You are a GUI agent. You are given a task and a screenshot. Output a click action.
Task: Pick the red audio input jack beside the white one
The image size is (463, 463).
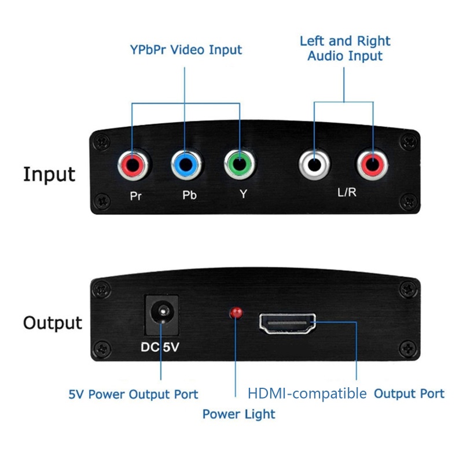372,167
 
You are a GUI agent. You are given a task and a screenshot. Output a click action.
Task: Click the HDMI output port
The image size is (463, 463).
288,324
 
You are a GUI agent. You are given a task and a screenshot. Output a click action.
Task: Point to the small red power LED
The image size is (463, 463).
236,313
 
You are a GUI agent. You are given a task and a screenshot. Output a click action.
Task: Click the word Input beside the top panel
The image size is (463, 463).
49,174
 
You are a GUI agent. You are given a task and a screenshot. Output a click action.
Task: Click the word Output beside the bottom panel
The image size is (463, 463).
53,322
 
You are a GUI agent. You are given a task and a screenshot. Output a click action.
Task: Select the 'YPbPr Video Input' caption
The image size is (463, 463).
186,50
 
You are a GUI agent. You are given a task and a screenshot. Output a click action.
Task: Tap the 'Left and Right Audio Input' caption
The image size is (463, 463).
345,49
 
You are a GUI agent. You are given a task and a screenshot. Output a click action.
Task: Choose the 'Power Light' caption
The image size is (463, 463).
238,414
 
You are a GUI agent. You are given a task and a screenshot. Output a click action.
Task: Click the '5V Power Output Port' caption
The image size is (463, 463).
133,395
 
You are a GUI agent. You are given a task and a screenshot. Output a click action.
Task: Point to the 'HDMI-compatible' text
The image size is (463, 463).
307,394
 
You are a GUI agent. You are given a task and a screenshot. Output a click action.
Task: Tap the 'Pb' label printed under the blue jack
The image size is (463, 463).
189,195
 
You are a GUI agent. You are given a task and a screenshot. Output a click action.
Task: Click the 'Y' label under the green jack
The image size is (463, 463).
244,194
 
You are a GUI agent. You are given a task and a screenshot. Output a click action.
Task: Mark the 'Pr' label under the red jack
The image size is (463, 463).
135,195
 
